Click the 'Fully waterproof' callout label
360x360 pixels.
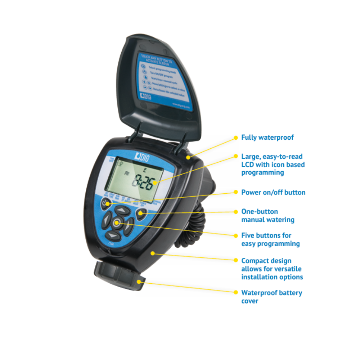click(267, 138)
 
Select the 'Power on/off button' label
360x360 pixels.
click(273, 192)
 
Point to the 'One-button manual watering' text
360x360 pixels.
click(267, 215)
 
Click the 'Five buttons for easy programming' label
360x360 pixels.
click(270, 239)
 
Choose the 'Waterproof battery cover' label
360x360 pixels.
click(271, 297)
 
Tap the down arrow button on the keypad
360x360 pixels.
click(113, 235)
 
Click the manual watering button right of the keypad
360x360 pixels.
click(141, 214)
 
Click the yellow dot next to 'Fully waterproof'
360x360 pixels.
click(236, 138)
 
